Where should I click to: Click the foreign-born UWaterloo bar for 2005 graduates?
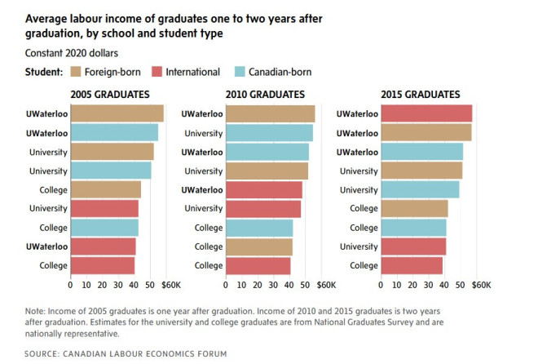pyautogui.click(x=117, y=113)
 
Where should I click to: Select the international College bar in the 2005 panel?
pyautogui.click(x=103, y=265)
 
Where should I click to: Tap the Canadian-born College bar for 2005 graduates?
pyautogui.click(x=104, y=227)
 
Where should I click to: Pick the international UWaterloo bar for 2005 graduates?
pyautogui.click(x=104, y=246)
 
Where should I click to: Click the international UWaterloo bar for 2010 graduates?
pyautogui.click(x=263, y=189)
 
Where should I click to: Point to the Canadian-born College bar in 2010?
pyautogui.click(x=258, y=227)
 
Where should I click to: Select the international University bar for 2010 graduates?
pyautogui.click(x=262, y=208)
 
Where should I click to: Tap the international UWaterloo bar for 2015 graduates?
pyautogui.click(x=426, y=113)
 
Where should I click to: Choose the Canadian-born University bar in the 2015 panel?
pyautogui.click(x=419, y=189)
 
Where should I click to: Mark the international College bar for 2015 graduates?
pyautogui.click(x=411, y=265)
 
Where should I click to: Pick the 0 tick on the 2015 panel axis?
pyautogui.click(x=380, y=286)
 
